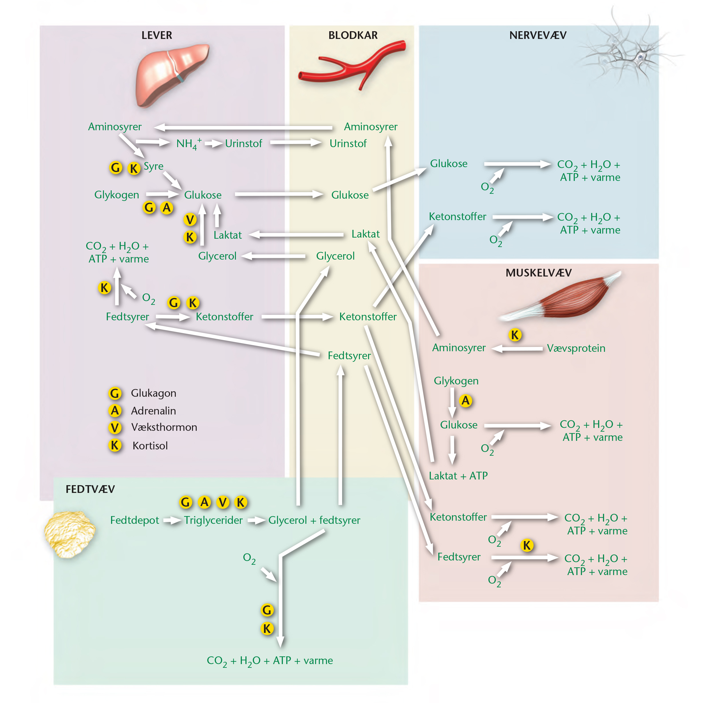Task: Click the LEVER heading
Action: point(157,35)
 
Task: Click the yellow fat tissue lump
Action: point(70,534)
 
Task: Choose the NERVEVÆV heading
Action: point(538,35)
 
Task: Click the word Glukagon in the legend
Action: point(154,394)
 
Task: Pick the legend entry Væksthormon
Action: point(164,427)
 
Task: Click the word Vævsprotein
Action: point(576,348)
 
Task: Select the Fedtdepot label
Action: point(135,520)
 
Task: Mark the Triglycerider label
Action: point(213,520)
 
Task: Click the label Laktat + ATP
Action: point(458,476)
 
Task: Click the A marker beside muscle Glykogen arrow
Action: point(466,400)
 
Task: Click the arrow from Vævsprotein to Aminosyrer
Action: point(517,349)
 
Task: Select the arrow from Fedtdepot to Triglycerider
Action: point(172,520)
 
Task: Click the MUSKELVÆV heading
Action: point(539,273)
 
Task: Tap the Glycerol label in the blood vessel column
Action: point(335,256)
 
